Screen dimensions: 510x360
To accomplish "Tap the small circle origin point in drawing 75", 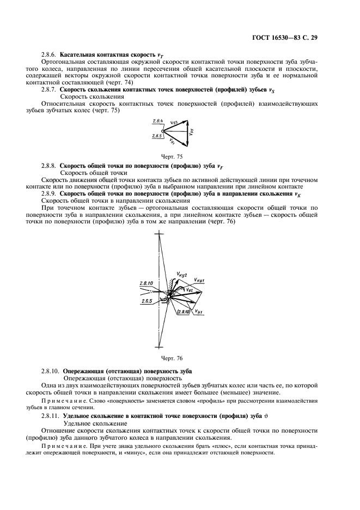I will coord(163,131).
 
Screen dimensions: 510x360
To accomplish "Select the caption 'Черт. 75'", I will coord(179,156).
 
